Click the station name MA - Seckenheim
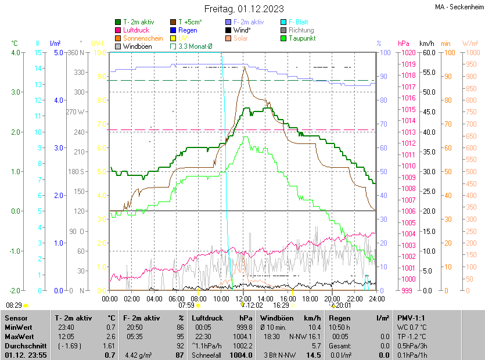(458, 7)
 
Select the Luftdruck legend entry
(136, 30)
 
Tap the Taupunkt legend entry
(301, 38)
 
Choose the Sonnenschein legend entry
(143, 38)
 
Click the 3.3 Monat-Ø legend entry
(195, 46)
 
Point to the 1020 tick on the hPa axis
(408, 53)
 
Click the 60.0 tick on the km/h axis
(429, 53)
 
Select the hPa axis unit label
(404, 44)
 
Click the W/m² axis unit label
(470, 44)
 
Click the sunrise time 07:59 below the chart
(186, 305)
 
